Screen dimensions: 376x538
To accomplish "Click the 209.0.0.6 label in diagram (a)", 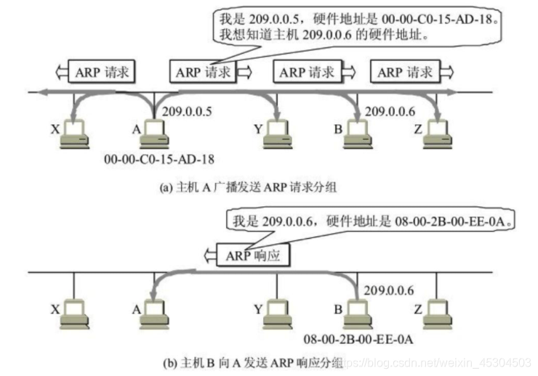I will pyautogui.click(x=390, y=112).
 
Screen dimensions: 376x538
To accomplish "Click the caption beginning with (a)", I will pyautogui.click(x=247, y=187).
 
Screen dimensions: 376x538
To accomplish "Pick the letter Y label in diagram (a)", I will pyautogui.click(x=258, y=130).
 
